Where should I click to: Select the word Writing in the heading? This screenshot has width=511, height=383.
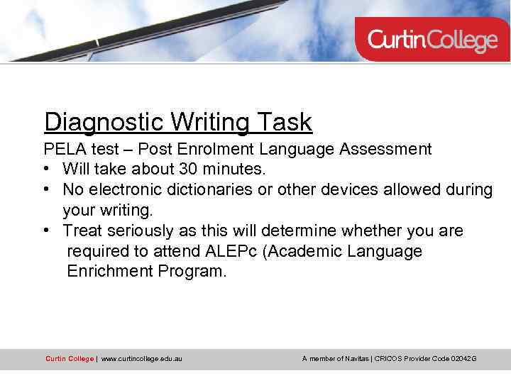(209, 122)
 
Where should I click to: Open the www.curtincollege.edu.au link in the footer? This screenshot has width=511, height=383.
(142, 359)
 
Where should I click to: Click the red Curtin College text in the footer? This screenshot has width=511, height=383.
(69, 359)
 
